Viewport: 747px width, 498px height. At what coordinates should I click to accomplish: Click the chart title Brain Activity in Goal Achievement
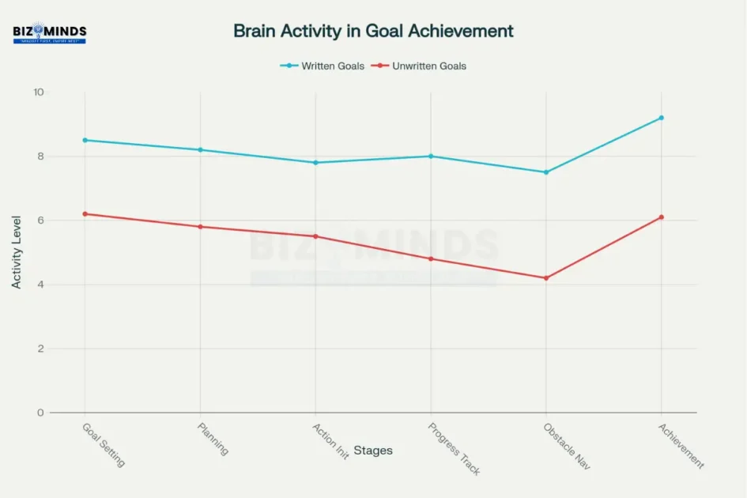click(373, 31)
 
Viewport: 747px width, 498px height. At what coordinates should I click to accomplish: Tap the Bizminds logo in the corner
click(50, 34)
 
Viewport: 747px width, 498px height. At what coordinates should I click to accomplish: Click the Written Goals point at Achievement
click(661, 118)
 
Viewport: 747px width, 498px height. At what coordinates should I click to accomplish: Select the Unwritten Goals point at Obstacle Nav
click(545, 277)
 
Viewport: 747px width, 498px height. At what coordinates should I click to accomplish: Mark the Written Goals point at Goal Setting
click(85, 140)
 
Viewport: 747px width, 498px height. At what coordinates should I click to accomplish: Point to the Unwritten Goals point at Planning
click(200, 227)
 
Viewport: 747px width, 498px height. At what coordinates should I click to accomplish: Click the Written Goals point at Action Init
click(315, 162)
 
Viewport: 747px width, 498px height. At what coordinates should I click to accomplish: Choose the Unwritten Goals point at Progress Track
click(431, 258)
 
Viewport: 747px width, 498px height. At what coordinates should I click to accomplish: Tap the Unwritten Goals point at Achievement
click(661, 217)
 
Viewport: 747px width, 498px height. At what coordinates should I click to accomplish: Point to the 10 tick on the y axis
click(39, 92)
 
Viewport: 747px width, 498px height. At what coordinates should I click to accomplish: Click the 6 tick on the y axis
click(41, 221)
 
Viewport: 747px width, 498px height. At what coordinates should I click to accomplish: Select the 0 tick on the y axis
click(41, 413)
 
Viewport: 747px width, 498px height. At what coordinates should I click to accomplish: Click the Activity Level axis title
click(17, 252)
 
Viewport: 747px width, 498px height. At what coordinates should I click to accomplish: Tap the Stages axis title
click(372, 451)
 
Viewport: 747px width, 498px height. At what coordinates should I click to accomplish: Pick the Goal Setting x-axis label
click(104, 444)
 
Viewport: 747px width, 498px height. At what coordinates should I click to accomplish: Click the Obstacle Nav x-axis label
click(563, 446)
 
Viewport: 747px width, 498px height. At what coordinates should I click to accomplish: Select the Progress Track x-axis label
click(454, 449)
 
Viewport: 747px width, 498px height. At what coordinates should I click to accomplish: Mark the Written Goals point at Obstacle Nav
click(545, 172)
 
